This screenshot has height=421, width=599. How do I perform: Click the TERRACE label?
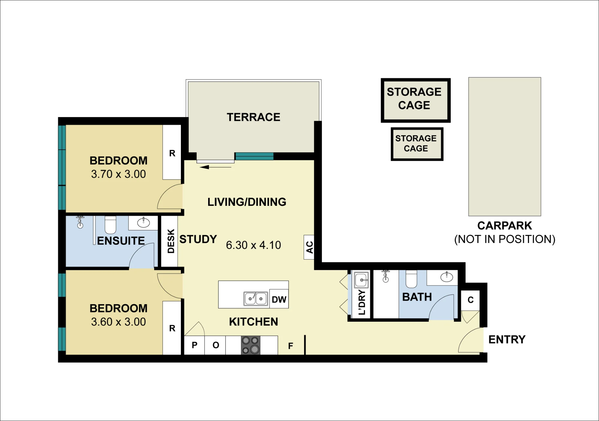(253, 117)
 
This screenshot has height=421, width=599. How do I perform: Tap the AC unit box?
(309, 247)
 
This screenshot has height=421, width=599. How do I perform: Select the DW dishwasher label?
(279, 299)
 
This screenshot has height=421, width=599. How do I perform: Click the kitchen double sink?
(256, 299)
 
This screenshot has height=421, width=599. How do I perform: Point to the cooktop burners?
(251, 345)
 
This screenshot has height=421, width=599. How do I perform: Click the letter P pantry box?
(194, 345)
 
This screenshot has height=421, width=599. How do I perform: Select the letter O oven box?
(216, 345)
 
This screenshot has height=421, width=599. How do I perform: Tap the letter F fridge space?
(291, 346)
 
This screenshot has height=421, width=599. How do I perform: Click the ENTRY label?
(507, 339)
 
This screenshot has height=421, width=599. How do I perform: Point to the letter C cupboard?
(471, 300)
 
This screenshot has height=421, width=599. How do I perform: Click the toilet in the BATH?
(411, 279)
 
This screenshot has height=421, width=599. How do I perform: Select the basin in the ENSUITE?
(143, 223)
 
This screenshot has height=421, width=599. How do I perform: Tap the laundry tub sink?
(361, 280)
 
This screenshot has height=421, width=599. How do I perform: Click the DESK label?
(171, 241)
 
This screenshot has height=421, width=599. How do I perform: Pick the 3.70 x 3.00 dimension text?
(118, 174)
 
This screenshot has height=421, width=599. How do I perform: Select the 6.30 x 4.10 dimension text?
(253, 245)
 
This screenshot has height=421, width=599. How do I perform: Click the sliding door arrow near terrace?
(216, 167)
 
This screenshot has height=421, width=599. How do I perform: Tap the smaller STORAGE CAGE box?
(417, 144)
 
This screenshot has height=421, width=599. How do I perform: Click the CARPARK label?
(505, 226)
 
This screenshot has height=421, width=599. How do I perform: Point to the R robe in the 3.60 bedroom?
(172, 328)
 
